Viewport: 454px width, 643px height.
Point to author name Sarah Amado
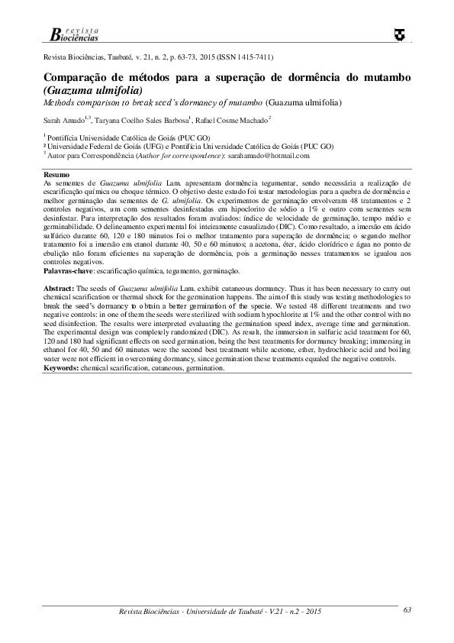64,121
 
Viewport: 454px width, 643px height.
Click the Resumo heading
55,176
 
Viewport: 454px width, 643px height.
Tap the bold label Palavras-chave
67,271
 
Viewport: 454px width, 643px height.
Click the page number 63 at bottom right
407,609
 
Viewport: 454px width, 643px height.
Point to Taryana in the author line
108,121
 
